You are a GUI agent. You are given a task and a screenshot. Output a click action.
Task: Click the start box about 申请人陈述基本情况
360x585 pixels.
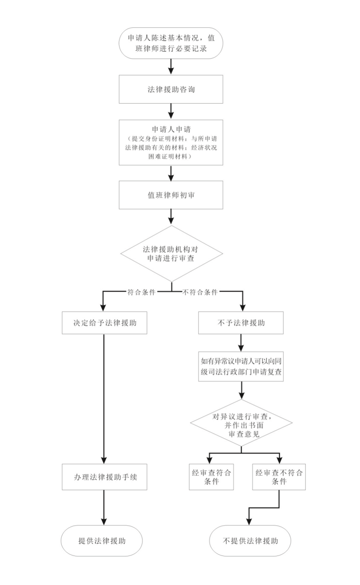(x=171, y=43)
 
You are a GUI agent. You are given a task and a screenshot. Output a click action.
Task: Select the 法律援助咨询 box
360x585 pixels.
(x=171, y=89)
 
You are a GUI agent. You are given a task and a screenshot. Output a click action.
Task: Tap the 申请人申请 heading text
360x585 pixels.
(x=171, y=130)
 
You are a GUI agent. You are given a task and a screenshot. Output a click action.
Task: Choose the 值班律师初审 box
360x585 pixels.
(x=171, y=195)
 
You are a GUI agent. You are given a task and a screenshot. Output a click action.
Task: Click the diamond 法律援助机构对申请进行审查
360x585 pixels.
(x=171, y=254)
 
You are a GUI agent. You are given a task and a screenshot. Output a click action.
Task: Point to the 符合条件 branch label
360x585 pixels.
(x=141, y=292)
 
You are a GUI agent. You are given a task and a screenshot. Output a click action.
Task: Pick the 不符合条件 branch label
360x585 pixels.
(x=200, y=292)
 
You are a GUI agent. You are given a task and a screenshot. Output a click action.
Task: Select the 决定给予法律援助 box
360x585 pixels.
(x=105, y=323)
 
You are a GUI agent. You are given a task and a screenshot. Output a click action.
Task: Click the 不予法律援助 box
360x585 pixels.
(x=241, y=323)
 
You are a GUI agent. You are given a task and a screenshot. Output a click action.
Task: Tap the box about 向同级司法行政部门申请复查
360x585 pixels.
(x=241, y=366)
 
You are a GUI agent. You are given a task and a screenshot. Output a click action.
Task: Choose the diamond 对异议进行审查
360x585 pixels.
(x=241, y=425)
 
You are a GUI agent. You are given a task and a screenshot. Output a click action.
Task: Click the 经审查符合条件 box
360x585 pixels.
(x=211, y=477)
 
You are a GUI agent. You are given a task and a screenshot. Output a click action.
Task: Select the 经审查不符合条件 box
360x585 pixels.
(x=279, y=477)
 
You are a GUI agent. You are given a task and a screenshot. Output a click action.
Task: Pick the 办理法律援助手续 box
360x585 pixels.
(x=105, y=477)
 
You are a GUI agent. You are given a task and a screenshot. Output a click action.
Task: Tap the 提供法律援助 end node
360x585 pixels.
(x=102, y=541)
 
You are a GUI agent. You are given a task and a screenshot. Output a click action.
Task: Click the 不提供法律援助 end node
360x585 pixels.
(x=250, y=541)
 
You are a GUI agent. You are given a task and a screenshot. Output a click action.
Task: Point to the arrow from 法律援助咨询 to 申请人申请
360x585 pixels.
(x=171, y=111)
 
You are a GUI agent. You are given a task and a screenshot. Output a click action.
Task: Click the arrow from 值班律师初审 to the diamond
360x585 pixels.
(x=171, y=217)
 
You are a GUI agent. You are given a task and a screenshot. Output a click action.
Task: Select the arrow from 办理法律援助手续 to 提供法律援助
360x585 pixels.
(x=104, y=507)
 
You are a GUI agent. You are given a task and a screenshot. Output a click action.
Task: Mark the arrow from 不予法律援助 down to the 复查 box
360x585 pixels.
(x=241, y=343)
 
